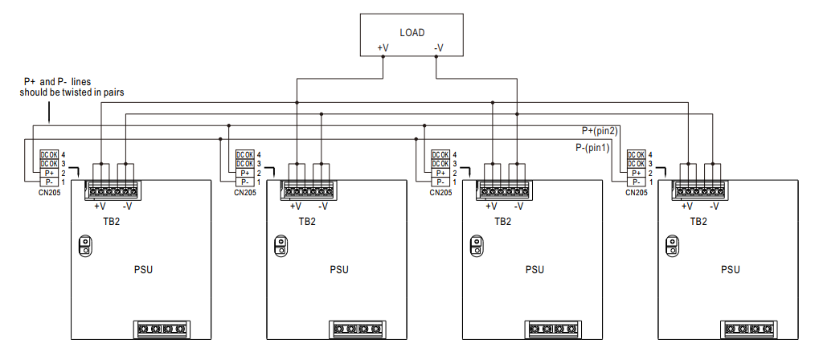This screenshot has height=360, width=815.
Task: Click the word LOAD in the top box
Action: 411,33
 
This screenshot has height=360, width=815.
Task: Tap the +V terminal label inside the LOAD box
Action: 383,48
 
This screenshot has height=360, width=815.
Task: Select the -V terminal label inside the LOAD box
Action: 438,48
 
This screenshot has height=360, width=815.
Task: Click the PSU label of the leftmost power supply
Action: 143,269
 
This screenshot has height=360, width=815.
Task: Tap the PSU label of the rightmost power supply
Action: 730,269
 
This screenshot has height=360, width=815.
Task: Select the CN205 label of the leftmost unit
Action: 50,193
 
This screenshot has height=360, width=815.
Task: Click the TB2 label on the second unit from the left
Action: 307,221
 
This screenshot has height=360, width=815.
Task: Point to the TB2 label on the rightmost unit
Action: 698,221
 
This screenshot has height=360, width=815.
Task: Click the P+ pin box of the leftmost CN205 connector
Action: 50,173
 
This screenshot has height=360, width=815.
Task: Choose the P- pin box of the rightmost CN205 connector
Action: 637,182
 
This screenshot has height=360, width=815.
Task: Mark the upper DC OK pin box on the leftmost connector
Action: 50,154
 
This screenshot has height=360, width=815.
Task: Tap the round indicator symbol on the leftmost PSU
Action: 84,246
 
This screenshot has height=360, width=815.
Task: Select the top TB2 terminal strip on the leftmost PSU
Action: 112,190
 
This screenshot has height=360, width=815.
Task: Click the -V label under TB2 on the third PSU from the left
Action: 518,207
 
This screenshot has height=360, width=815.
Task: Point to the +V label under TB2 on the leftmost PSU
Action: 100,207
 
